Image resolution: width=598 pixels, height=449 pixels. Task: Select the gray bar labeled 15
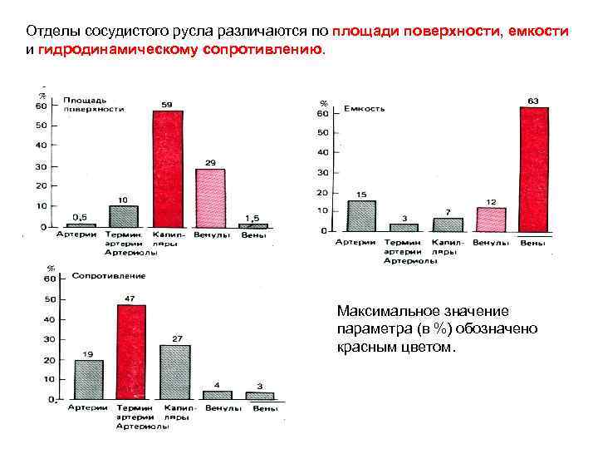point(361,215)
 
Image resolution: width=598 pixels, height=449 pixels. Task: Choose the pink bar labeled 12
point(491,220)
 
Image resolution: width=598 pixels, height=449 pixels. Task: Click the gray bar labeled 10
point(123,216)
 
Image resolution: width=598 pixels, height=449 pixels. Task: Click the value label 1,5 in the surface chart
point(252,216)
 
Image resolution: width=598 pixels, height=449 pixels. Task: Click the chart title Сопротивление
point(108,275)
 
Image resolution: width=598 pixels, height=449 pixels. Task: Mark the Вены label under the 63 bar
point(532,242)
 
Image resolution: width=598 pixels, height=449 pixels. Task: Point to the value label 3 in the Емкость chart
point(404,218)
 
